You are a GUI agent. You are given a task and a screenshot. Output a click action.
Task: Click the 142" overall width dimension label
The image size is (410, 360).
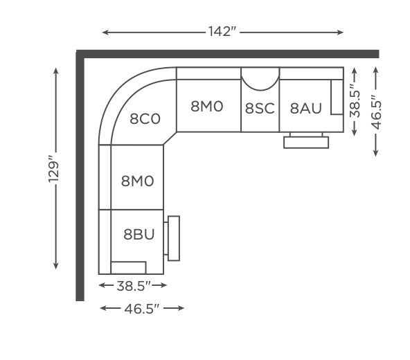click(x=222, y=31)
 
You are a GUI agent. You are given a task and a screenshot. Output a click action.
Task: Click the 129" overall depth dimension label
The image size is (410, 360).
click(x=53, y=169)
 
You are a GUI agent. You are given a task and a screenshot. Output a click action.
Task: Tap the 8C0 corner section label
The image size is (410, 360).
click(x=145, y=119)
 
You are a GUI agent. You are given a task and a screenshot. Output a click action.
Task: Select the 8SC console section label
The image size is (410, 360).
click(x=260, y=108)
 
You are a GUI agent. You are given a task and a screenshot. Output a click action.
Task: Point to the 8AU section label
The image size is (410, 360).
click(x=305, y=108)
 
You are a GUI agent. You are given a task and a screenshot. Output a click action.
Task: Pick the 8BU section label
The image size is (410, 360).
click(x=139, y=234)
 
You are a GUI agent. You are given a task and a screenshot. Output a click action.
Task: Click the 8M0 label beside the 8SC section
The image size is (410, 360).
click(x=207, y=107)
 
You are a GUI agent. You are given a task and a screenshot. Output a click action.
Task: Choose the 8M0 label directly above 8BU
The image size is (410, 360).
click(x=137, y=181)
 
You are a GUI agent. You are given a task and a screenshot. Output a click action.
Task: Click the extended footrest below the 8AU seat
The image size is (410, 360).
click(x=306, y=143)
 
